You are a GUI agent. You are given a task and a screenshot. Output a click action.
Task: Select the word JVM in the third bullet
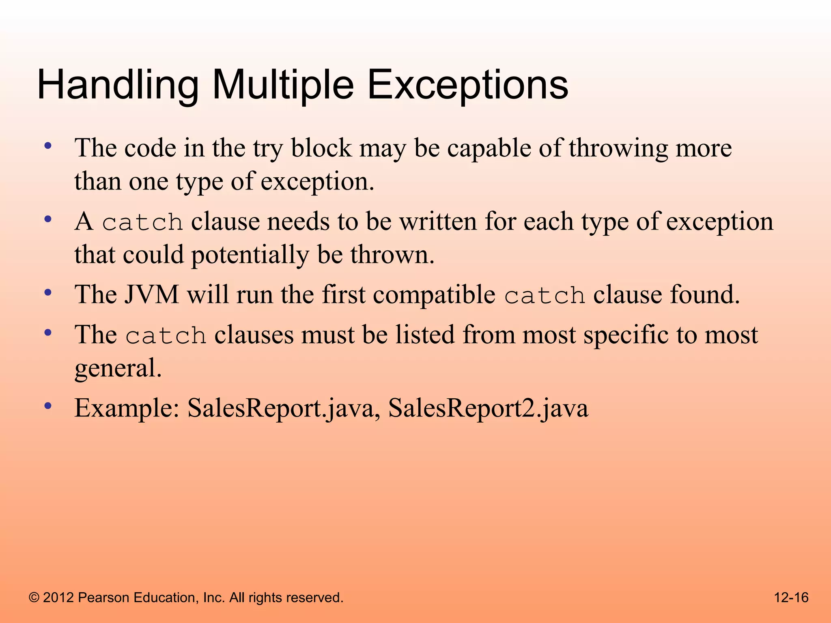(x=151, y=294)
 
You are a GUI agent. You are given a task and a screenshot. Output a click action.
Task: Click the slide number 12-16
(x=791, y=597)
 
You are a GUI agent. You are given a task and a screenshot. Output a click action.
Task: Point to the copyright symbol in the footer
(x=34, y=598)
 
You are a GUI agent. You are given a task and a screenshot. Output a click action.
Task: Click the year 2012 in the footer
(x=58, y=598)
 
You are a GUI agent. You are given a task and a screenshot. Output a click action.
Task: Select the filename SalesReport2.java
(x=488, y=408)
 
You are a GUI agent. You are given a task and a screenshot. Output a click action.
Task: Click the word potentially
(x=250, y=255)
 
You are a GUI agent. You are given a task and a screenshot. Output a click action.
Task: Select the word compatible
(x=434, y=294)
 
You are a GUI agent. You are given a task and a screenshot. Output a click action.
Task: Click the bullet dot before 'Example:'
(x=48, y=406)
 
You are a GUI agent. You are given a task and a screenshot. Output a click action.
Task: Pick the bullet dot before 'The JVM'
(x=48, y=292)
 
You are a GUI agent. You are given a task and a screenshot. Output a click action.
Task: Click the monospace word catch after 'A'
(x=142, y=223)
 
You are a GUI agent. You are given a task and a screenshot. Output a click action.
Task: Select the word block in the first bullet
(x=321, y=148)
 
